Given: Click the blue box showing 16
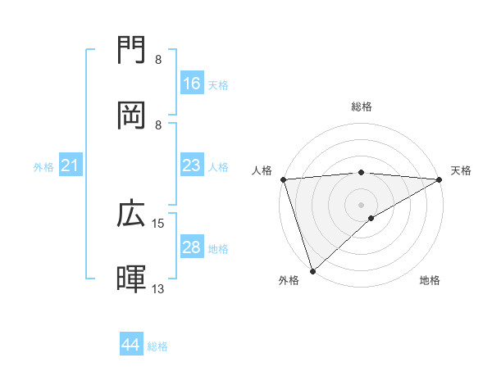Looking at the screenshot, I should tap(192, 84).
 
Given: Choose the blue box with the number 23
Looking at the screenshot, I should tap(192, 165).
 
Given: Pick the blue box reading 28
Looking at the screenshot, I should tap(192, 247).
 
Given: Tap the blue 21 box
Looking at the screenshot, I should tap(71, 166).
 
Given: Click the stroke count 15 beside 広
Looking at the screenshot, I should tap(158, 223).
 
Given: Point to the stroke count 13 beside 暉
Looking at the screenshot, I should tap(158, 288).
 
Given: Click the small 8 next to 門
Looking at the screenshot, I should tap(157, 60).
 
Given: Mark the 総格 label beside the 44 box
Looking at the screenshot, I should tap(157, 346).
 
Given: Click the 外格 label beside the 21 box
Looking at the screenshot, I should tap(43, 167).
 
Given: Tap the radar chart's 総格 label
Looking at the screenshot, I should tap(361, 106).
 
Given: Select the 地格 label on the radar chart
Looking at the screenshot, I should tap(430, 280).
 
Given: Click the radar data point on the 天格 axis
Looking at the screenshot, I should tap(440, 179).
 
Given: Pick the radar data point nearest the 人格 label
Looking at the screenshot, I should tap(283, 179).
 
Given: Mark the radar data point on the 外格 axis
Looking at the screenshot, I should tap(312, 270).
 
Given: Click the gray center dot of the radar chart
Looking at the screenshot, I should tap(361, 204).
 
